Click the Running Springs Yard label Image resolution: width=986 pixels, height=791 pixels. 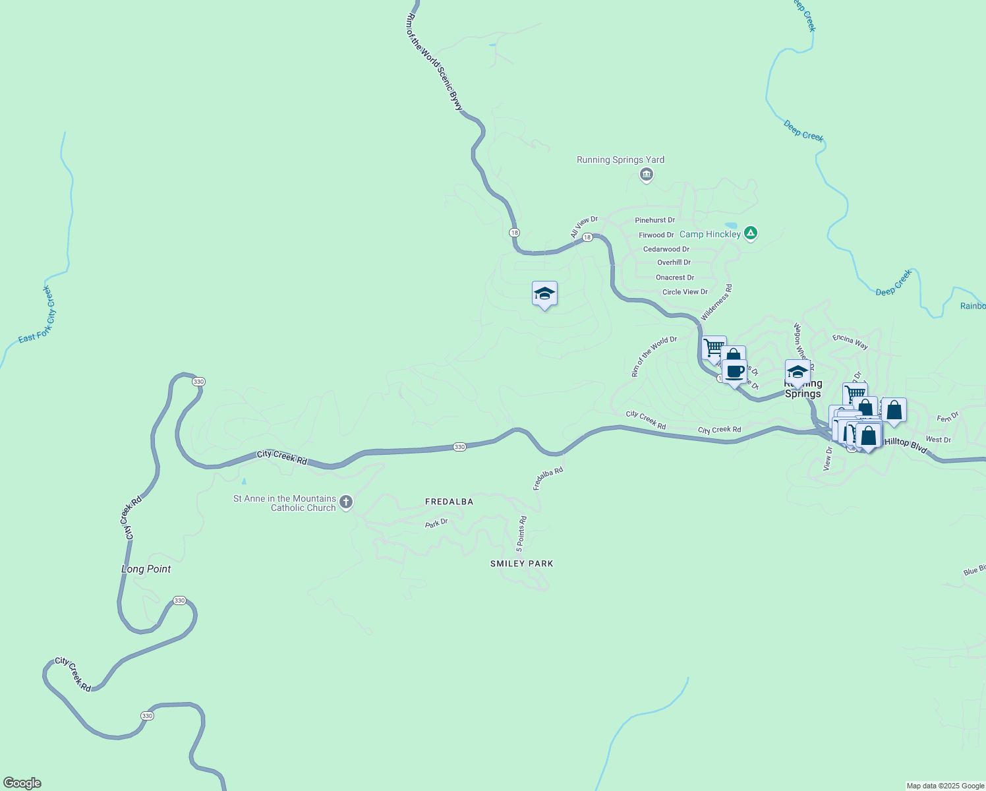click(620, 160)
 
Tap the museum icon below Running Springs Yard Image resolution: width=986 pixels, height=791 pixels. click(646, 175)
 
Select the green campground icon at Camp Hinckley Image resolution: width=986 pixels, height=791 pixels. click(750, 233)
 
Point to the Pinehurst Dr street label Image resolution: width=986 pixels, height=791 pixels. click(654, 220)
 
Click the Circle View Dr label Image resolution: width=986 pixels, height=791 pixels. click(685, 292)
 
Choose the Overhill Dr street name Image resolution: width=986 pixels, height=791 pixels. click(674, 262)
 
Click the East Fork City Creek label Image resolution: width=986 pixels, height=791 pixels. click(38, 314)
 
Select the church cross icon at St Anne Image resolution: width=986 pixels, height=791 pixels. click(345, 502)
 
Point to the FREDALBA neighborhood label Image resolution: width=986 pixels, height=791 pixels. click(449, 502)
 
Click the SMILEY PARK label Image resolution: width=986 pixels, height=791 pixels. click(521, 564)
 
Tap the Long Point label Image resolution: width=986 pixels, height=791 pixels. click(146, 569)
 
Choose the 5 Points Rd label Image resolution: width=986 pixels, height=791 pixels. click(521, 533)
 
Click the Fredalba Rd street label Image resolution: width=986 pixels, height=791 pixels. click(548, 479)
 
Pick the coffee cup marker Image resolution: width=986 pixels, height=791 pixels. click(734, 372)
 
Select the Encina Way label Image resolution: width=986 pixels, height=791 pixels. click(850, 341)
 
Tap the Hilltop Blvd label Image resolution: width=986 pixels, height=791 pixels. click(906, 446)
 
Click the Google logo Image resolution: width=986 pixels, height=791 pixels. click(22, 783)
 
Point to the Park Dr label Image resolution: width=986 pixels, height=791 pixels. click(436, 523)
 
